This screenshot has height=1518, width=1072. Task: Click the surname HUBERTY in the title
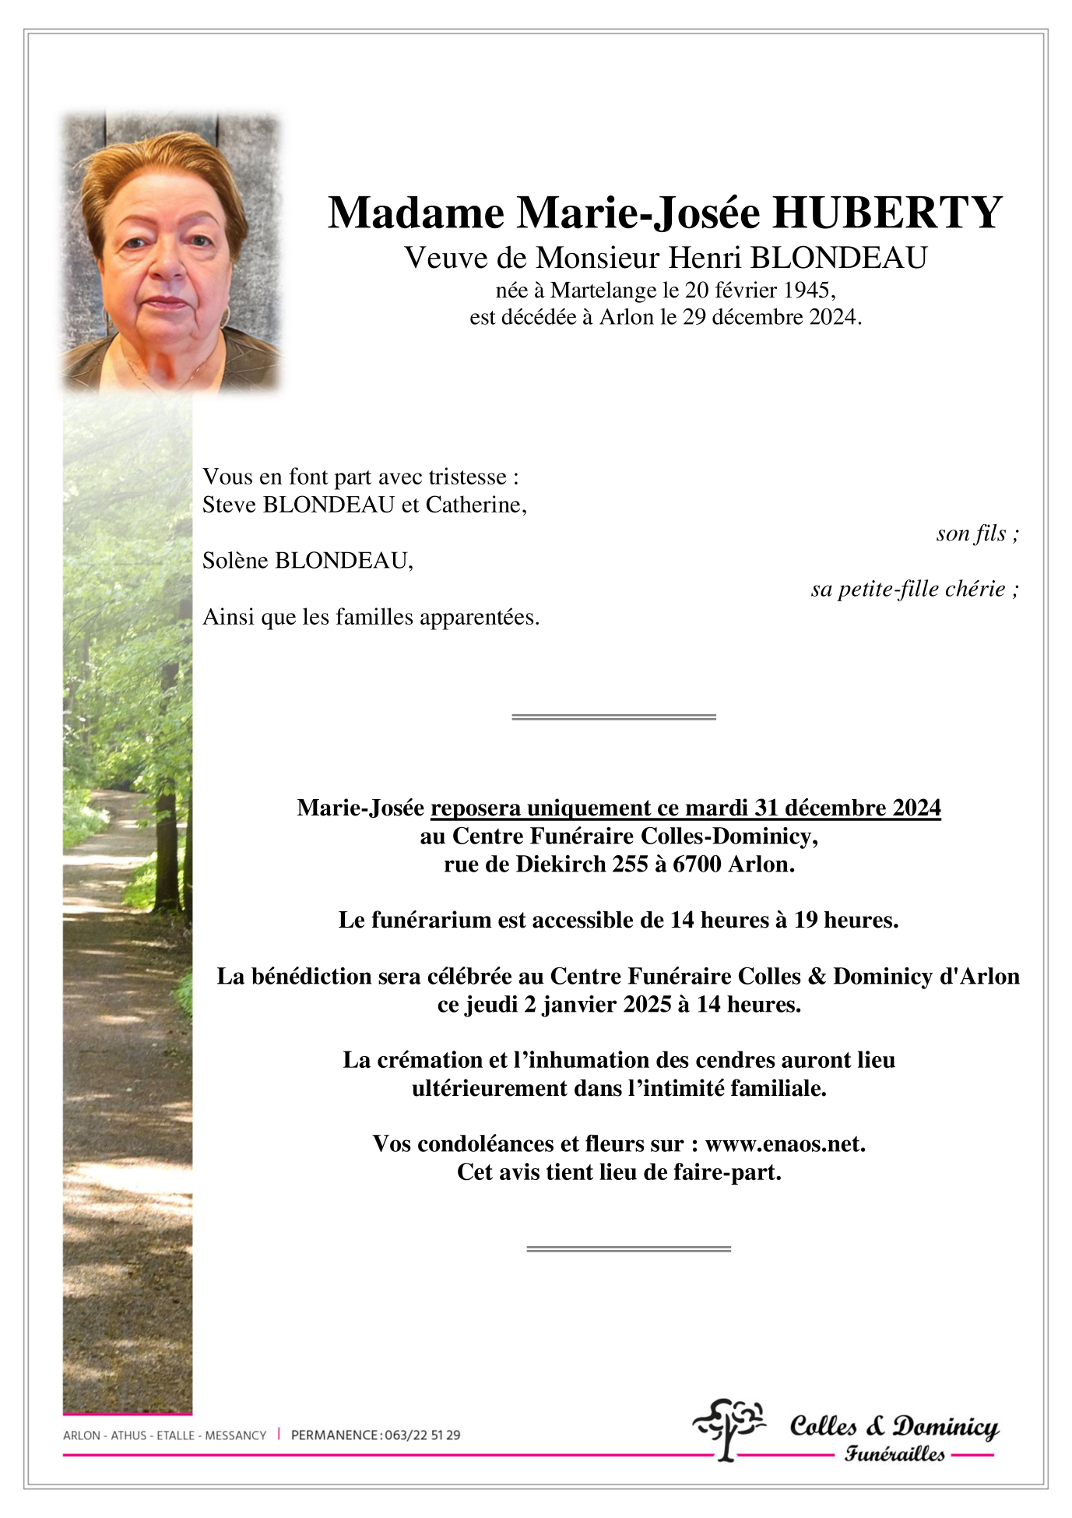pos(887,213)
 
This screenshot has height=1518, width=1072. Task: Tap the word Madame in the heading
pos(416,213)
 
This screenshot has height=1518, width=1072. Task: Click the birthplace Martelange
pos(603,291)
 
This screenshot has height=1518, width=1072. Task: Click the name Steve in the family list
pos(230,505)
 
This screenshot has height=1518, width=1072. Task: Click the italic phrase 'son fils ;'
pos(977,534)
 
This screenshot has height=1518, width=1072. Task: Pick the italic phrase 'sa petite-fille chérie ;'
pos(914,589)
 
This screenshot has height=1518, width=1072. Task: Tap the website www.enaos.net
pos(785,1144)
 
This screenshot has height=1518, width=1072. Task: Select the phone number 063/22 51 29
pos(422,1435)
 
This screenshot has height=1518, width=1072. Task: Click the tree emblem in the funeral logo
pos(729,1427)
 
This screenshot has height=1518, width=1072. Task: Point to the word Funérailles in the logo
pos(895,1453)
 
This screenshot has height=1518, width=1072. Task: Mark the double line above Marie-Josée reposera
pos(613,717)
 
